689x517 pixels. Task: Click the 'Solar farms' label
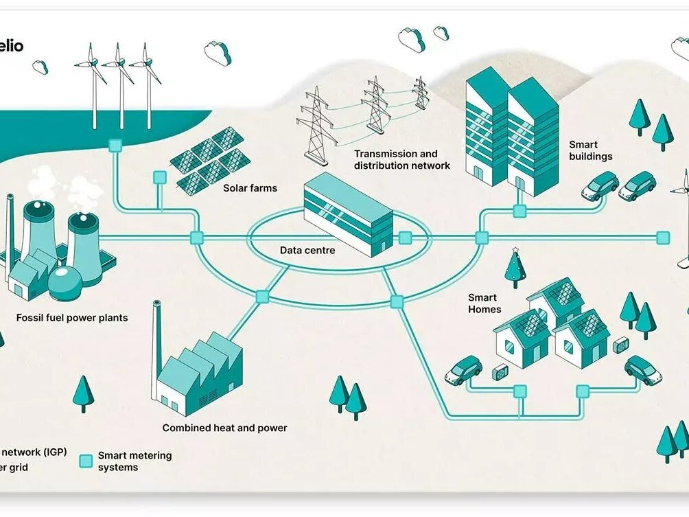click(x=250, y=188)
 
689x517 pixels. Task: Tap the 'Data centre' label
click(x=307, y=251)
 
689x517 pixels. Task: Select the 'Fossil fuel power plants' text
click(x=72, y=318)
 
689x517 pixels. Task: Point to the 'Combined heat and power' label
click(x=224, y=428)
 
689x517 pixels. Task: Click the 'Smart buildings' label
click(x=590, y=150)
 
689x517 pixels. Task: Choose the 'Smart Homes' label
click(x=484, y=303)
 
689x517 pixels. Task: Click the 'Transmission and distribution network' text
click(x=402, y=160)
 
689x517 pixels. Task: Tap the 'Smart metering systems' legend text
click(x=135, y=461)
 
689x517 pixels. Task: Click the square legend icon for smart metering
click(x=86, y=461)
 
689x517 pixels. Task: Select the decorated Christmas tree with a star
click(x=514, y=268)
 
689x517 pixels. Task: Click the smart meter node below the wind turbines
click(x=115, y=146)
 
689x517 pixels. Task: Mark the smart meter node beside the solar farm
click(x=159, y=178)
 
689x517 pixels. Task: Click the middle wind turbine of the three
click(x=121, y=82)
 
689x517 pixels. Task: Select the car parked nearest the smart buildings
click(x=599, y=185)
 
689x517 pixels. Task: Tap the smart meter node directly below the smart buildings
click(x=519, y=211)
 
